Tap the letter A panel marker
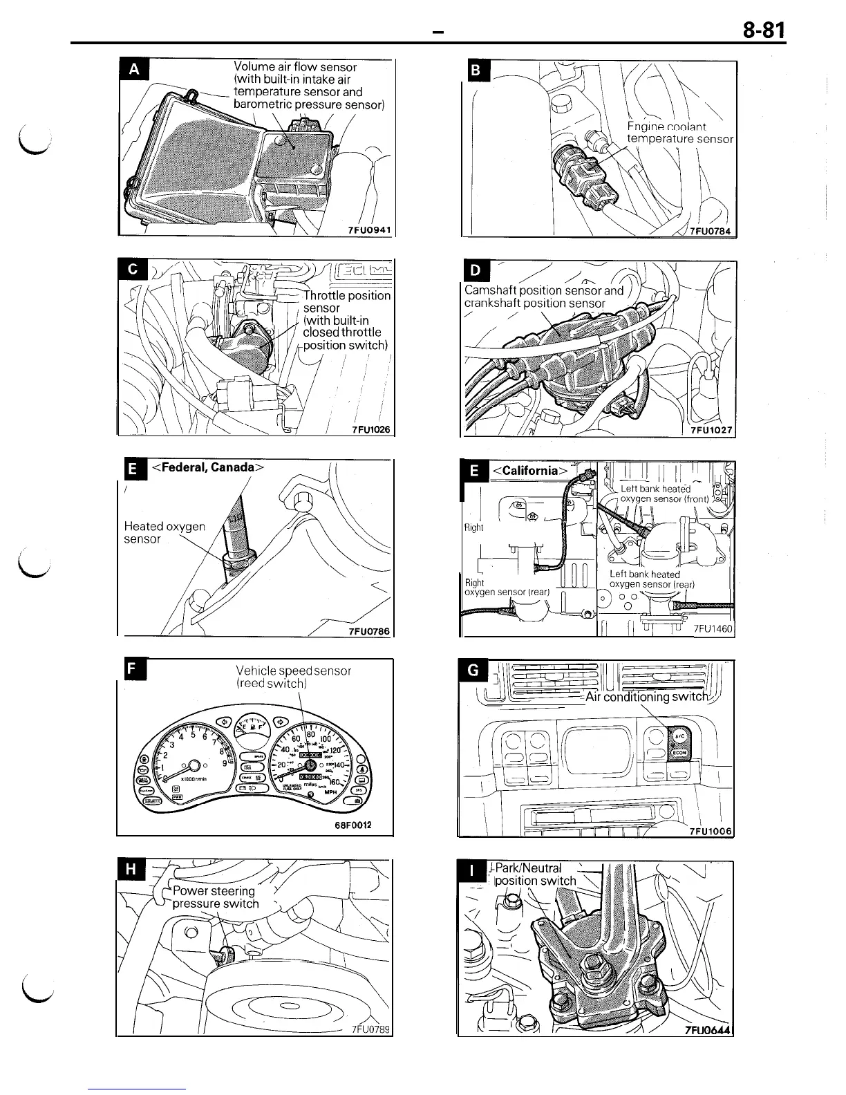click(x=134, y=69)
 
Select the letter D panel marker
click(x=477, y=270)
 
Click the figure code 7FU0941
click(x=370, y=230)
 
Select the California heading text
click(x=529, y=471)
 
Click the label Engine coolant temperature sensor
click(x=678, y=133)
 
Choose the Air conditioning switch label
click(x=646, y=697)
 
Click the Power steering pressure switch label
click(x=214, y=897)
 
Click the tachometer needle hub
click(x=194, y=765)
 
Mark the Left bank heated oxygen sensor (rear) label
click(x=651, y=579)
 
